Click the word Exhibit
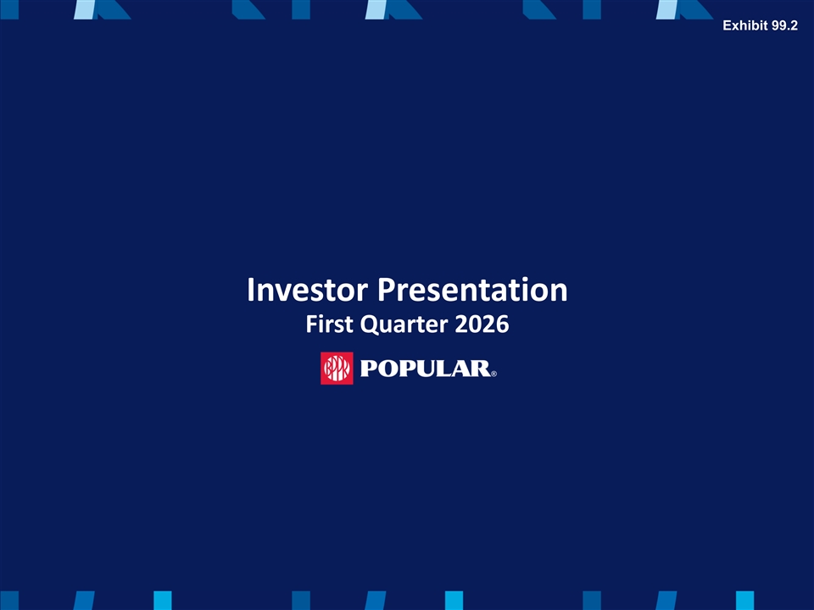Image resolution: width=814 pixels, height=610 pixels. click(745, 25)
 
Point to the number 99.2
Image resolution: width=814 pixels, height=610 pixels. click(784, 25)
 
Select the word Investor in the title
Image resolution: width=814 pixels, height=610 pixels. click(308, 290)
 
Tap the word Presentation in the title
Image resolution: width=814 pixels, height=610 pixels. click(472, 290)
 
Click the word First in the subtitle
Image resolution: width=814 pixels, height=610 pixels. click(330, 324)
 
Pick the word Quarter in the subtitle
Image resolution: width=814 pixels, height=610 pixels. click(404, 324)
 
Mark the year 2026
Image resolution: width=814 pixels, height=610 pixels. click(482, 324)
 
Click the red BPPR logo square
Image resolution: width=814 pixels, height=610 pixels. click(337, 369)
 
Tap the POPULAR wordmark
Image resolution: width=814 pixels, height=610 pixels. click(425, 369)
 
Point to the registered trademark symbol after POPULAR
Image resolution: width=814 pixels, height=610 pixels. click(493, 374)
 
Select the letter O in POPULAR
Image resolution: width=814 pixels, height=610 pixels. click(387, 369)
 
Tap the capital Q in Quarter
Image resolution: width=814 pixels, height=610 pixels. click(371, 325)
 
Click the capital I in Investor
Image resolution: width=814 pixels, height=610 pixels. click(251, 290)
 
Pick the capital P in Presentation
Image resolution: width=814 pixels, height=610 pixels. click(386, 290)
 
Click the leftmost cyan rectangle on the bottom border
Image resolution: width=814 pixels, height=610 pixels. click(163, 601)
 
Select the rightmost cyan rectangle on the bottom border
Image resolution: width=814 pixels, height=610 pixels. click(745, 601)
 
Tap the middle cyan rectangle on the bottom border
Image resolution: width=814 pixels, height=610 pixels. click(454, 601)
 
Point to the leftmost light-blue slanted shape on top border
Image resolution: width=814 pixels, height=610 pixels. click(85, 9)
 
